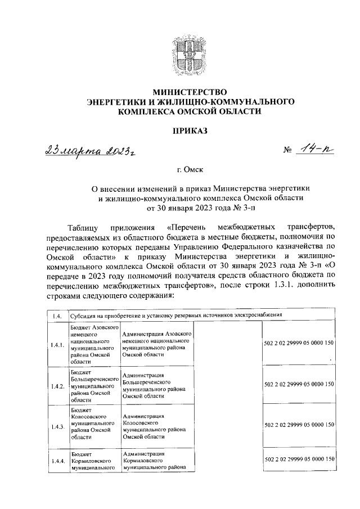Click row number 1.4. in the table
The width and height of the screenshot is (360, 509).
(56, 316)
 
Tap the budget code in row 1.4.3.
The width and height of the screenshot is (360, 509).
(299, 425)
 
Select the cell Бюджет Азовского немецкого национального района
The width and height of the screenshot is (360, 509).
(94, 344)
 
